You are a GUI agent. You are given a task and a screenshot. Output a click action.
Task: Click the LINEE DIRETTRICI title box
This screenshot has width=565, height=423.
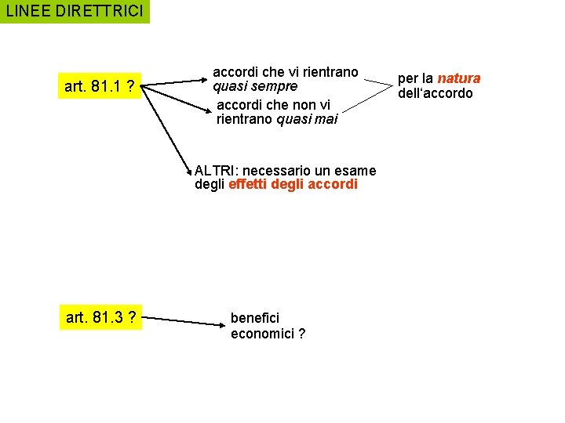pos(75,12)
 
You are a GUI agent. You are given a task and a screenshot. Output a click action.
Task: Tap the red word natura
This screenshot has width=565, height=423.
pos(459,78)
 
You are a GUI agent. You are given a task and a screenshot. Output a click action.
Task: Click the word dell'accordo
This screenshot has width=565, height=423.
pos(436,93)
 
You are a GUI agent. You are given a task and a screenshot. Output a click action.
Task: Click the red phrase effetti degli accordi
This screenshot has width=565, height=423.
pos(293,185)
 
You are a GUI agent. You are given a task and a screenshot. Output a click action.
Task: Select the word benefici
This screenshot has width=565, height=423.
pos(255,318)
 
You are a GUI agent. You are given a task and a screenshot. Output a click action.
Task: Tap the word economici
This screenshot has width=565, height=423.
pos(261,334)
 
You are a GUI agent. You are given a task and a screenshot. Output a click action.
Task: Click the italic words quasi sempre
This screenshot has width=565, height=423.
pos(256,86)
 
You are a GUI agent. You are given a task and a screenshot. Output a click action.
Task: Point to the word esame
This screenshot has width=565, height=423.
pos(357,170)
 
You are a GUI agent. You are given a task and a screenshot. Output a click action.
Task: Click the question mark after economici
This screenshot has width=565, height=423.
pos(301,334)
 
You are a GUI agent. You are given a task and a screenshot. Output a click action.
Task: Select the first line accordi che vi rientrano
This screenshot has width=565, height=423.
pos(286,72)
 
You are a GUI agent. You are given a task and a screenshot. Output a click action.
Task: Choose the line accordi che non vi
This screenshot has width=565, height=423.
pos(273,104)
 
